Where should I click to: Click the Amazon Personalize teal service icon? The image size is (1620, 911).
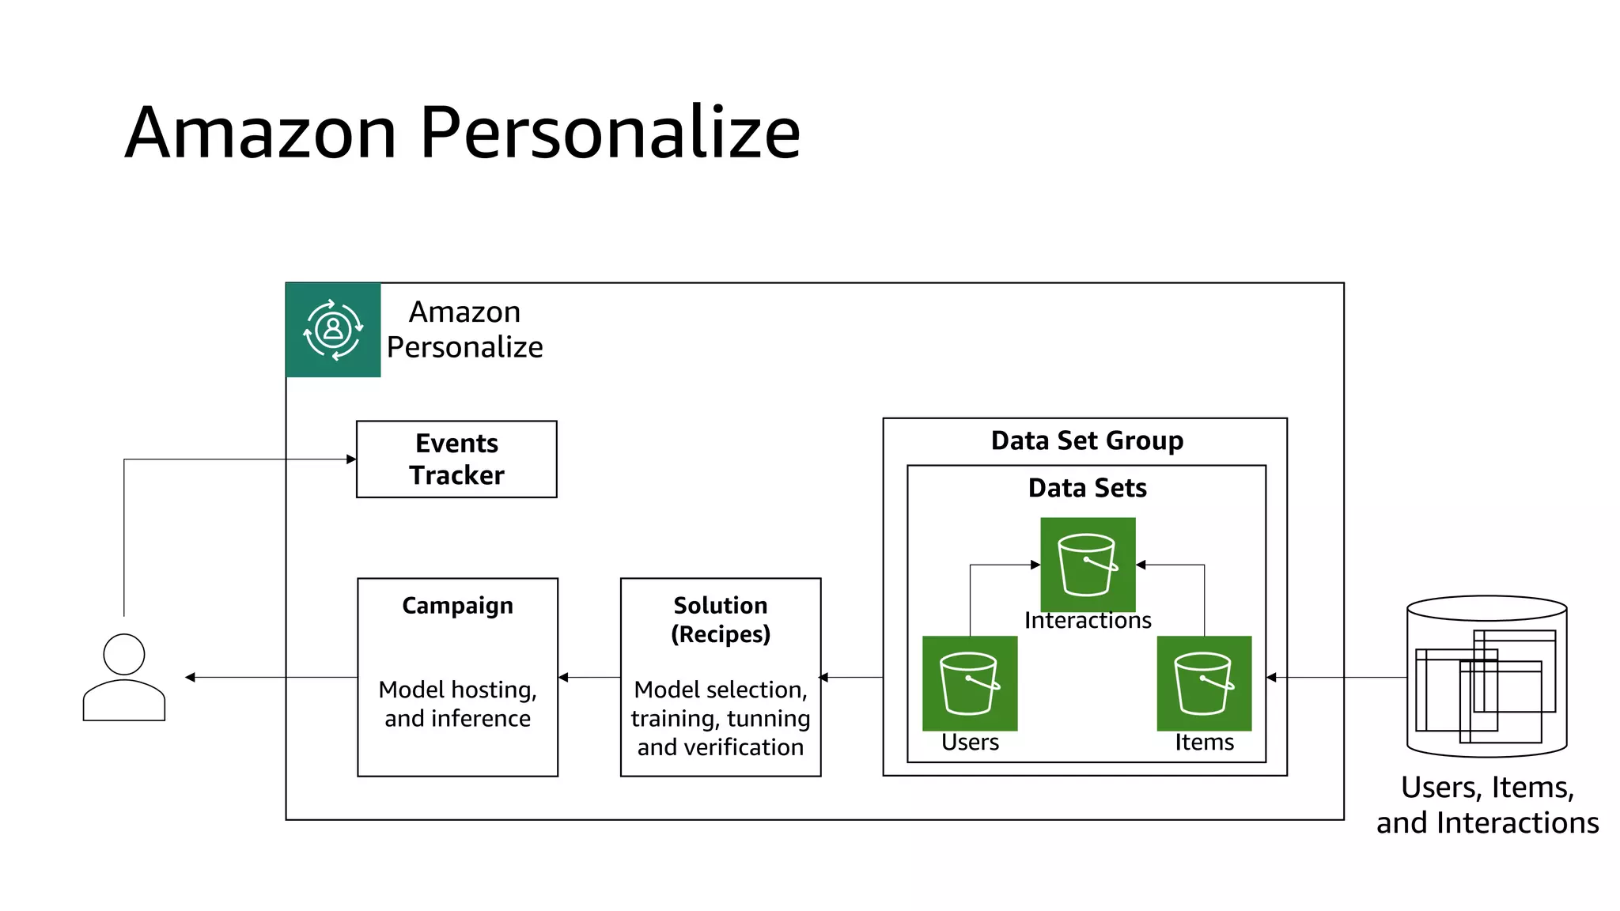333,330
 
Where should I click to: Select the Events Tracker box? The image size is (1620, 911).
456,459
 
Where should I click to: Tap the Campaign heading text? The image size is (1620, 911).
457,606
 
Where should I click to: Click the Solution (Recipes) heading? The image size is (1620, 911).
720,619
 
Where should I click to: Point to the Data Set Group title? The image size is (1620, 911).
1087,440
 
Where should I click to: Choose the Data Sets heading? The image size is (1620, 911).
1087,488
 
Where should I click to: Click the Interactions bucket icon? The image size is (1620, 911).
1088,564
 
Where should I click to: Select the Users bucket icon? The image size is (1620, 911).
970,683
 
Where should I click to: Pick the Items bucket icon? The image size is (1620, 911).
1204,683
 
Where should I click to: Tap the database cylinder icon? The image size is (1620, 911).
1486,677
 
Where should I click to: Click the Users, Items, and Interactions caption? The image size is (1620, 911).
1487,805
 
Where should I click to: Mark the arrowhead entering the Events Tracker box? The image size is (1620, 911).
351,459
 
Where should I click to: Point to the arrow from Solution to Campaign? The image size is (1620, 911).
589,677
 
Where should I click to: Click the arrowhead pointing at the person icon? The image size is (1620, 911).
190,677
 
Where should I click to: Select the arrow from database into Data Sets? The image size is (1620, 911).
1337,677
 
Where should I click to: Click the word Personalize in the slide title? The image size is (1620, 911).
610,133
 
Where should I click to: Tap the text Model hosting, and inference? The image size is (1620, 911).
457,704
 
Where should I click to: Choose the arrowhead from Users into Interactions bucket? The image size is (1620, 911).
1035,565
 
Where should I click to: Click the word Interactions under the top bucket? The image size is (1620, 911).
1088,621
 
